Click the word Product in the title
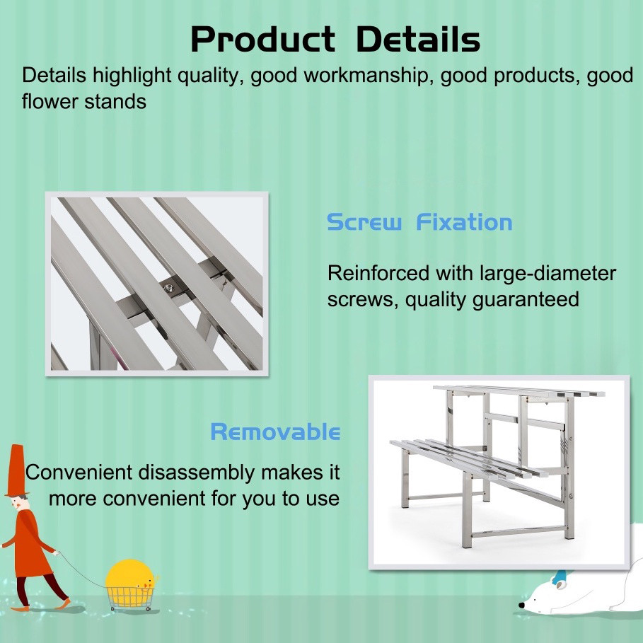pyautogui.click(x=263, y=40)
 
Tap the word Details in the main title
pyautogui.click(x=418, y=39)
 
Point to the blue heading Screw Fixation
pyautogui.click(x=419, y=222)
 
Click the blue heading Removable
pyautogui.click(x=275, y=431)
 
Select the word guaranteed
pyautogui.click(x=526, y=299)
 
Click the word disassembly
pyautogui.click(x=197, y=473)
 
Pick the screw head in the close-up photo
pyautogui.click(x=168, y=289)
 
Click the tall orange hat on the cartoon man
pyautogui.click(x=16, y=471)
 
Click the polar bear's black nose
pyautogui.click(x=521, y=605)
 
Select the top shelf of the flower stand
pyautogui.click(x=519, y=390)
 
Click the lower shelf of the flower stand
pyautogui.click(x=463, y=458)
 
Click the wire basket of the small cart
pyautogui.click(x=130, y=597)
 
